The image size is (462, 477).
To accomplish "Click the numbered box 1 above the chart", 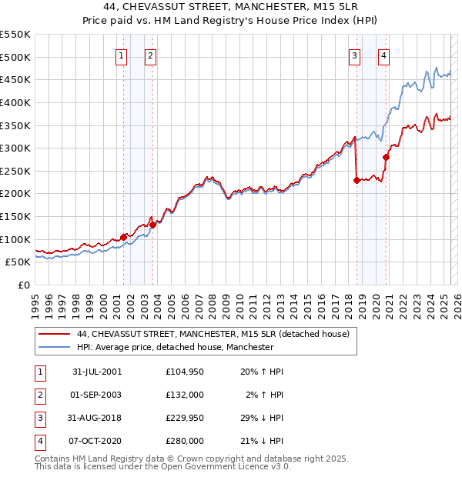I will [122, 55].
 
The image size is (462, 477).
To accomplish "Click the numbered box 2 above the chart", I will [150, 55].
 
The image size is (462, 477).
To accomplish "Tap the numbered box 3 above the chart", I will [354, 55].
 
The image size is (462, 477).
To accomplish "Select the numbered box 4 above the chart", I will [383, 55].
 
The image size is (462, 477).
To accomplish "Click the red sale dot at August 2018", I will [357, 180].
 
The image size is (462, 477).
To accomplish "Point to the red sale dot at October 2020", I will [386, 157].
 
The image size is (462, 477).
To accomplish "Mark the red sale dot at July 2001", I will [123, 237].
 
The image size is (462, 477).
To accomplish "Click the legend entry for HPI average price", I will [176, 347].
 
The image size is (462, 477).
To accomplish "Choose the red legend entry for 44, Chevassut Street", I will [213, 334].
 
